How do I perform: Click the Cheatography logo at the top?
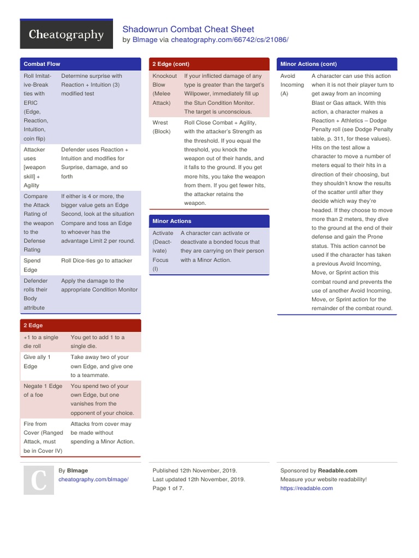[x=66, y=35]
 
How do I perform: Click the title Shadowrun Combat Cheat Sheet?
[x=188, y=29]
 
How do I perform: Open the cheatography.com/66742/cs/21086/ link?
[x=229, y=40]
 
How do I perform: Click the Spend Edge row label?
[x=32, y=265]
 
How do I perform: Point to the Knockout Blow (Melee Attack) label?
[x=164, y=89]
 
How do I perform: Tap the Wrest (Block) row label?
[x=161, y=127]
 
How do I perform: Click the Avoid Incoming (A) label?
[x=292, y=84]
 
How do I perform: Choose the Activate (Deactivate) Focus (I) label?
[x=163, y=251]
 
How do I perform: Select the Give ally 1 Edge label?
[x=37, y=362]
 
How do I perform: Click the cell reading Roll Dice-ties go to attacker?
[x=97, y=260]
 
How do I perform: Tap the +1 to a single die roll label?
[x=41, y=342]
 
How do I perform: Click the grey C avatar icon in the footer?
[x=38, y=480]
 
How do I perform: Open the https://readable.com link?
[x=306, y=488]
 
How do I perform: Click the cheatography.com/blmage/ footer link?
[x=93, y=480]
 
